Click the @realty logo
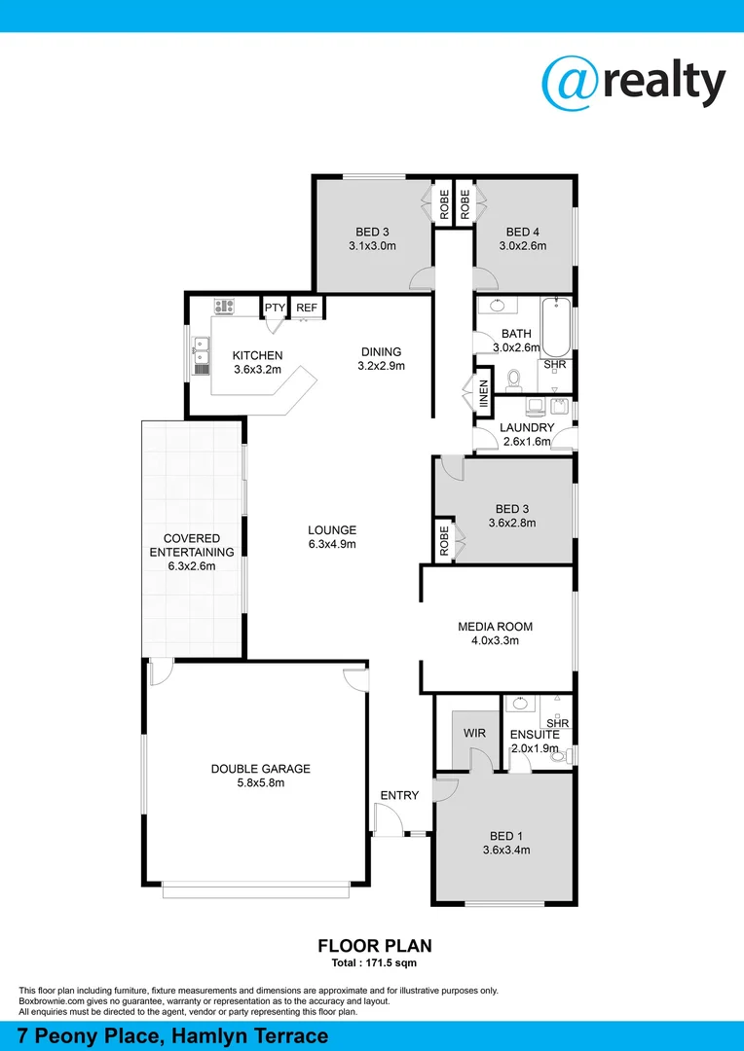click(634, 82)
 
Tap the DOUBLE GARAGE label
click(261, 769)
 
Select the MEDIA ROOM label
click(496, 627)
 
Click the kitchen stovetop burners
click(224, 306)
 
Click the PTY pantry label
click(274, 308)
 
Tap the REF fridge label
click(307, 308)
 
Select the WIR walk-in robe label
click(474, 733)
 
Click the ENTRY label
click(399, 795)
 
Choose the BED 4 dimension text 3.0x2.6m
click(523, 246)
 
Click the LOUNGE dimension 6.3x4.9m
click(332, 544)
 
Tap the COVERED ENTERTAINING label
click(192, 545)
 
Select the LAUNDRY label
click(527, 427)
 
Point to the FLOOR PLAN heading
click(375, 945)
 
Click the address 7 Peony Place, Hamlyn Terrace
click(173, 1035)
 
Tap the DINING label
click(381, 352)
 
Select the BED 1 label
click(506, 836)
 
